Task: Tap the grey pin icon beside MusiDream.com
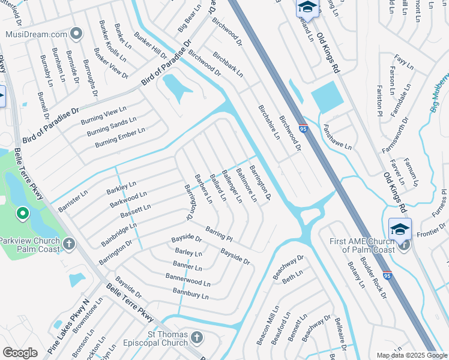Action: coord(76,34)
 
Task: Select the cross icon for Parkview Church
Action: coord(70,244)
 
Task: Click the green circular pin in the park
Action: coord(22,213)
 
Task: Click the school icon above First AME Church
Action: coord(400,229)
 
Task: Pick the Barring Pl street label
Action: coord(218,233)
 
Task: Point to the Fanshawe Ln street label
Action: coord(337,137)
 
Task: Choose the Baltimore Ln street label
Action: coord(246,185)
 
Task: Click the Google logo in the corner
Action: coord(20,353)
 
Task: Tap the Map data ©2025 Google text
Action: coord(412,355)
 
